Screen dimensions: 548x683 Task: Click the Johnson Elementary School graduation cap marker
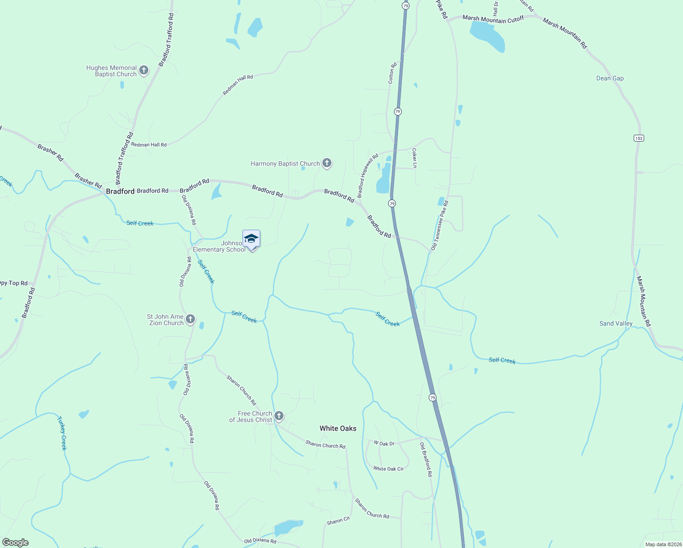coord(251,239)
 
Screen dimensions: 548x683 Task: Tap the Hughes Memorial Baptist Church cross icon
coord(144,70)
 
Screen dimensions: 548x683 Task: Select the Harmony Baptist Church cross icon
coord(326,163)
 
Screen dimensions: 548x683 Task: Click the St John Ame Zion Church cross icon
coord(190,319)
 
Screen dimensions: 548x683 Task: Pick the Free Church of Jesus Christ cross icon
coord(279,416)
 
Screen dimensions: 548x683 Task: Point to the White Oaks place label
coord(338,428)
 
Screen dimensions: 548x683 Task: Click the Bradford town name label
coord(120,191)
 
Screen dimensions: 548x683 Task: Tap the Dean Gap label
coord(610,79)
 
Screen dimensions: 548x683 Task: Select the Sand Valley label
coord(616,323)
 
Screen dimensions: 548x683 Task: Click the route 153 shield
coord(639,138)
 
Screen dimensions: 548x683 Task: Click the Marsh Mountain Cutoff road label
coord(493,19)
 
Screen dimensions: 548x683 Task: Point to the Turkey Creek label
coord(62,433)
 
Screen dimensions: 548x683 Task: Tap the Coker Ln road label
coord(415,158)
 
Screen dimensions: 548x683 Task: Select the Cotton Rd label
coord(392,73)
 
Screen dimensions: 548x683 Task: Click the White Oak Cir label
coord(388,469)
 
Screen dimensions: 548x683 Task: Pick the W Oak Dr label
coord(384,443)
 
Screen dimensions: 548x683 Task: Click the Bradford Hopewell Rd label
coord(368,175)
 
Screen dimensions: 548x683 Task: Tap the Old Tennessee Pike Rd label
coord(440,225)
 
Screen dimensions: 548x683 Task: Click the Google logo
coord(15,543)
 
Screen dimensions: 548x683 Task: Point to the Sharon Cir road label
coord(338,521)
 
